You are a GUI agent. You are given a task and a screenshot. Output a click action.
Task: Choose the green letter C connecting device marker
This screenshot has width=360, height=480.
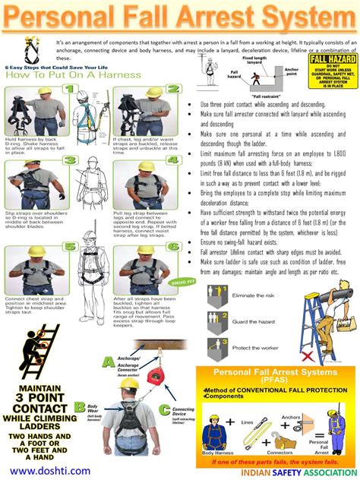[164, 410]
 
